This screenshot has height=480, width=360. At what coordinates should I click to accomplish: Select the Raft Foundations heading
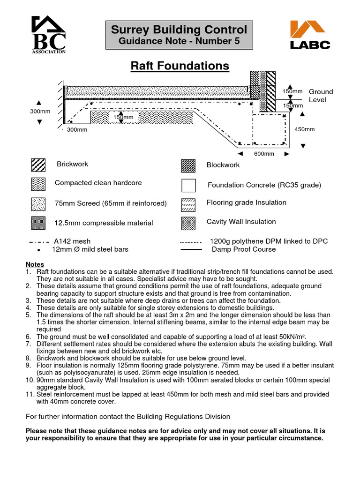[180, 66]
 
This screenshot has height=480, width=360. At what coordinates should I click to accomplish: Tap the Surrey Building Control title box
[179, 35]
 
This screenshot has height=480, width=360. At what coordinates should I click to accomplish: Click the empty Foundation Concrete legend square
[188, 186]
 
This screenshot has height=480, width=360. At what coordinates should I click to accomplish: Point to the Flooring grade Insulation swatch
[188, 204]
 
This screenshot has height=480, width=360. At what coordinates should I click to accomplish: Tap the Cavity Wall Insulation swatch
[188, 223]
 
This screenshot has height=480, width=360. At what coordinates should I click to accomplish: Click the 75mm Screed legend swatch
[38, 204]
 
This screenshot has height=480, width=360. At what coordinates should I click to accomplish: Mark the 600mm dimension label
[264, 154]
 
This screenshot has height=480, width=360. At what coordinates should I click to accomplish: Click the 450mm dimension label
[304, 129]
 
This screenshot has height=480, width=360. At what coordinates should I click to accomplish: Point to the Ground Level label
[321, 96]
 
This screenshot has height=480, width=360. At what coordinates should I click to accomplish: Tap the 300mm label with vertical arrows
[40, 112]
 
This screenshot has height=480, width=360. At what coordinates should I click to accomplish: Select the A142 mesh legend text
[72, 241]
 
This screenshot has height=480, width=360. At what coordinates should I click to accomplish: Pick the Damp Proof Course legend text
[243, 249]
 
